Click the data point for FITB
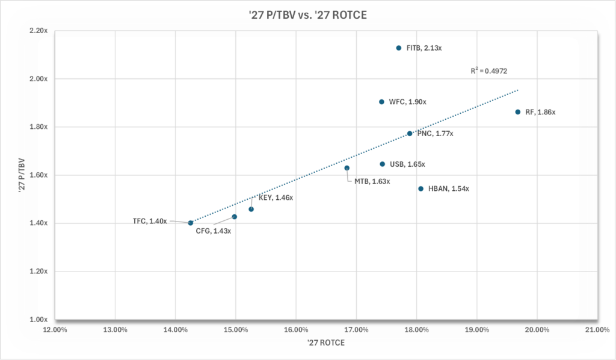[x=398, y=48]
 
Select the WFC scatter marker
[x=381, y=102]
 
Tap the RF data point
[x=517, y=112]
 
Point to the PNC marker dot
[x=410, y=134]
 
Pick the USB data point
[x=382, y=164]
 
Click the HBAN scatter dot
[x=420, y=188]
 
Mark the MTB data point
[x=346, y=168]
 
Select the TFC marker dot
[x=191, y=223]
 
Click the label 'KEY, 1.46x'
[x=276, y=197]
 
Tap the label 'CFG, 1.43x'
[x=214, y=231]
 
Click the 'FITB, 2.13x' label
[x=425, y=48]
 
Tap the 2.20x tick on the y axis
[x=39, y=31]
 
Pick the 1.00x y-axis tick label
[x=39, y=320]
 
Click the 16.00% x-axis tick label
[x=295, y=330]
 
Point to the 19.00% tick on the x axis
[x=476, y=330]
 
